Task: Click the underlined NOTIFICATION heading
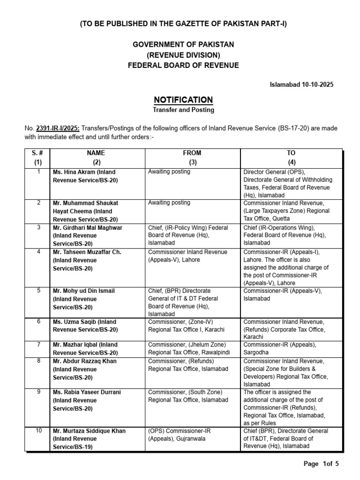(183, 100)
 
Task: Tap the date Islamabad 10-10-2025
(302, 84)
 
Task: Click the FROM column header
(192, 153)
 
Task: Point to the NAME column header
(96, 153)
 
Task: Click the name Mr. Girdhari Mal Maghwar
(88, 227)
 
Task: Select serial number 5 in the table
(38, 291)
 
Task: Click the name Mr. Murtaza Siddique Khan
(89, 431)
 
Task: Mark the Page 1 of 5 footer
(321, 464)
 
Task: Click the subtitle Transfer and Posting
(183, 110)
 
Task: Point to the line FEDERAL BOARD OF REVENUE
(183, 65)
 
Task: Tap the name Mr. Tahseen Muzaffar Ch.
(87, 252)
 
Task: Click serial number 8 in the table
(38, 361)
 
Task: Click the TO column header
(292, 153)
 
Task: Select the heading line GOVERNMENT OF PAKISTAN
(183, 44)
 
